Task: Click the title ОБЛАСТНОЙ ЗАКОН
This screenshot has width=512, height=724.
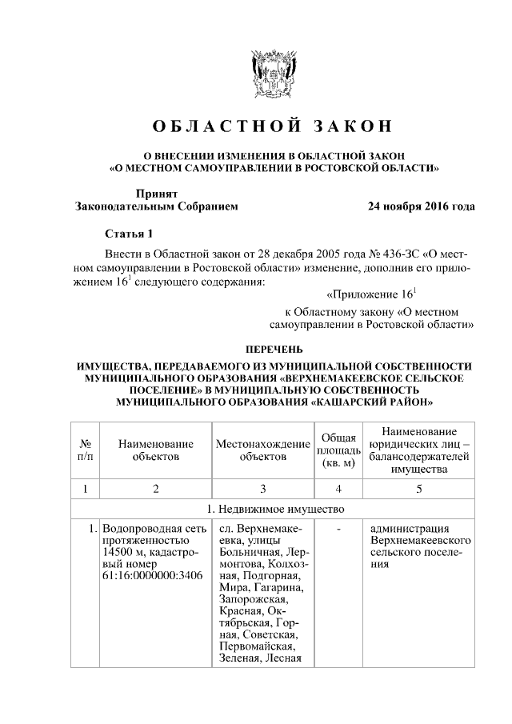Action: coord(274,127)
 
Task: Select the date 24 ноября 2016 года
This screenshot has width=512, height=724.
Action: coord(421,206)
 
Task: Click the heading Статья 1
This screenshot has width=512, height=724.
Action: coord(128,234)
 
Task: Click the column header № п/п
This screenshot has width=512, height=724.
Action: coord(85,450)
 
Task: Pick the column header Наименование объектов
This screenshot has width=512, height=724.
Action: coord(155,450)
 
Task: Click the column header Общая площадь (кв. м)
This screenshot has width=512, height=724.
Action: coord(338,450)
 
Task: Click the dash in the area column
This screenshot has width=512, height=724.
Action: coord(338,530)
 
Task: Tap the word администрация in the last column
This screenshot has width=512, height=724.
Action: coord(410,530)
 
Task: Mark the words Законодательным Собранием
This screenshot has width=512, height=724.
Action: coord(156,206)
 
